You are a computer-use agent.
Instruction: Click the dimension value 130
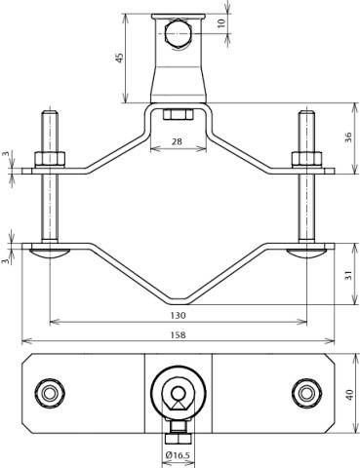point(177,316)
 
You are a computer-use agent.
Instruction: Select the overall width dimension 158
point(177,334)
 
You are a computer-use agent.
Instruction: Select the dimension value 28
point(177,143)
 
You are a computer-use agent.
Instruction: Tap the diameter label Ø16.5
point(178,453)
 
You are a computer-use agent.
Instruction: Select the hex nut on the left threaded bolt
point(49,158)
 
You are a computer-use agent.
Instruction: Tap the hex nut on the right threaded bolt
point(305,158)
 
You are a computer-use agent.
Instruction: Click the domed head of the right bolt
point(305,253)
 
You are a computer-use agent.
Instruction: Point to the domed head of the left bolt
point(49,253)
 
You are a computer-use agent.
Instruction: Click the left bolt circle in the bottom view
point(49,394)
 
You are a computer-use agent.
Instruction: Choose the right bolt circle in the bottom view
point(306,394)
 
